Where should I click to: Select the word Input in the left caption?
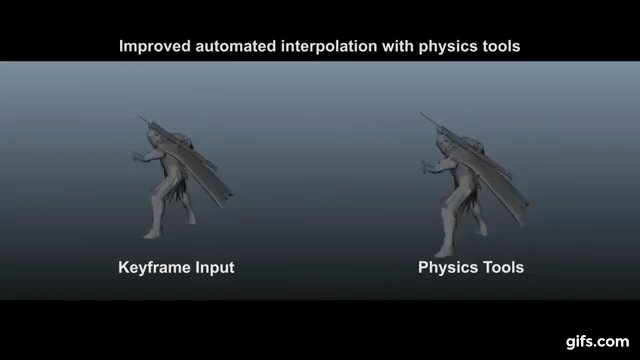pos(215,268)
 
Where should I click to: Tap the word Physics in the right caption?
pos(446,268)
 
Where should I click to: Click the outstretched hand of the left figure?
pos(135,157)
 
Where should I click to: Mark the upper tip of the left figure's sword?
pos(143,117)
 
